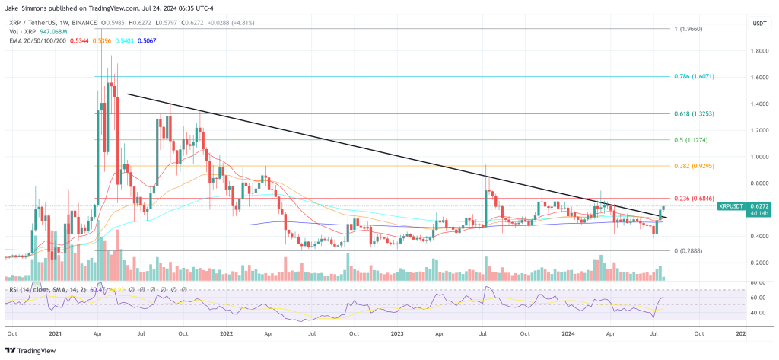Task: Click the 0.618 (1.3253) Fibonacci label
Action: click(x=693, y=113)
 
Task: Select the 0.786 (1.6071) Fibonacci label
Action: click(x=693, y=77)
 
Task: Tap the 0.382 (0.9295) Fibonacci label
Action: click(x=693, y=166)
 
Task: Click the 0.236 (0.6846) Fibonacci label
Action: click(x=693, y=198)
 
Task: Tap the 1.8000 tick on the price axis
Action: click(x=758, y=51)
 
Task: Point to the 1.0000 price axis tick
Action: click(x=758, y=157)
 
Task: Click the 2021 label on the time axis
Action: click(x=56, y=333)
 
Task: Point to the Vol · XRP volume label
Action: click(x=21, y=32)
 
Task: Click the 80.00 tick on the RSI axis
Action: click(x=758, y=282)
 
